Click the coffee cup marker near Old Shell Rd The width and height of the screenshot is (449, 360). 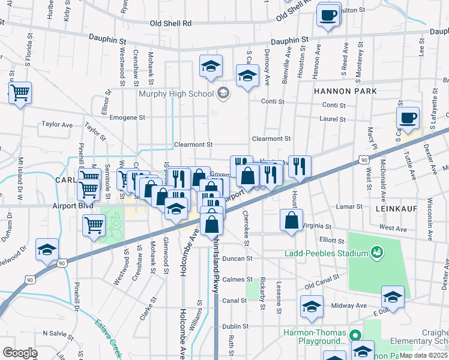[328, 16]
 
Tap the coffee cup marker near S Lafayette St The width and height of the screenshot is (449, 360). [408, 118]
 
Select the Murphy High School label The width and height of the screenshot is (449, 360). [176, 94]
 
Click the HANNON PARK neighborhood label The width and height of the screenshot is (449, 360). [345, 91]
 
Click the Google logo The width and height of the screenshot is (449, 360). [20, 353]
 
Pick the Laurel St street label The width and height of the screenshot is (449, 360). [333, 119]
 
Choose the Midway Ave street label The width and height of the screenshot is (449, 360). [352, 305]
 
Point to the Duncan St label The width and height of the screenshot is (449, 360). [237, 259]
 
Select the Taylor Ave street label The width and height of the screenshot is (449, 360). [57, 125]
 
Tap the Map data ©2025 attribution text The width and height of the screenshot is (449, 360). [423, 355]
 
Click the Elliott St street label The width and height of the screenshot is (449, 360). [333, 240]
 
